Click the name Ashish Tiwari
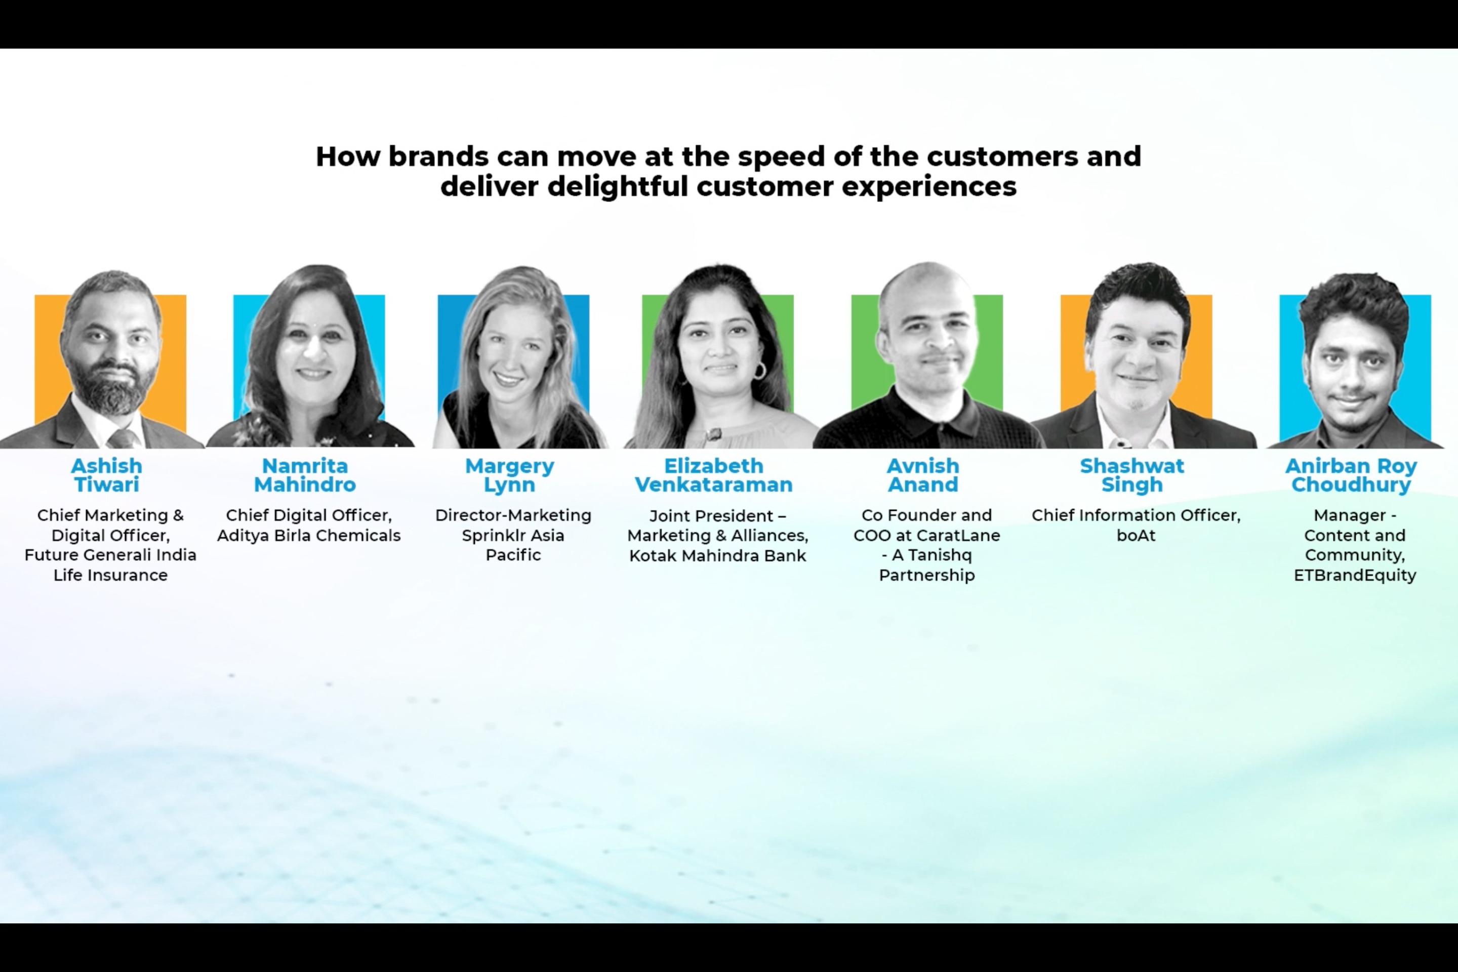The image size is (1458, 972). click(x=107, y=475)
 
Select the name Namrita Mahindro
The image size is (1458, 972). click(x=305, y=475)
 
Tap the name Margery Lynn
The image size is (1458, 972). click(x=510, y=475)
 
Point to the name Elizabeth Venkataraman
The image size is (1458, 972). click(x=713, y=475)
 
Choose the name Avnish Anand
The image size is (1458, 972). click(x=923, y=475)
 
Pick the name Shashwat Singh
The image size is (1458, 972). click(x=1132, y=475)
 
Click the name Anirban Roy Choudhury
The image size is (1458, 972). click(x=1351, y=475)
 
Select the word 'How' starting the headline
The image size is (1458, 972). click(x=348, y=156)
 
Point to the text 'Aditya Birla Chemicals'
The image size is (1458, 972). click(x=309, y=536)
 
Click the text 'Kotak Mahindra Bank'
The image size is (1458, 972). click(x=717, y=556)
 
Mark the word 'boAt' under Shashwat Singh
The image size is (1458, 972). click(x=1136, y=536)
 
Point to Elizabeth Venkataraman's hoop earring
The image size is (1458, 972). click(x=759, y=370)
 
